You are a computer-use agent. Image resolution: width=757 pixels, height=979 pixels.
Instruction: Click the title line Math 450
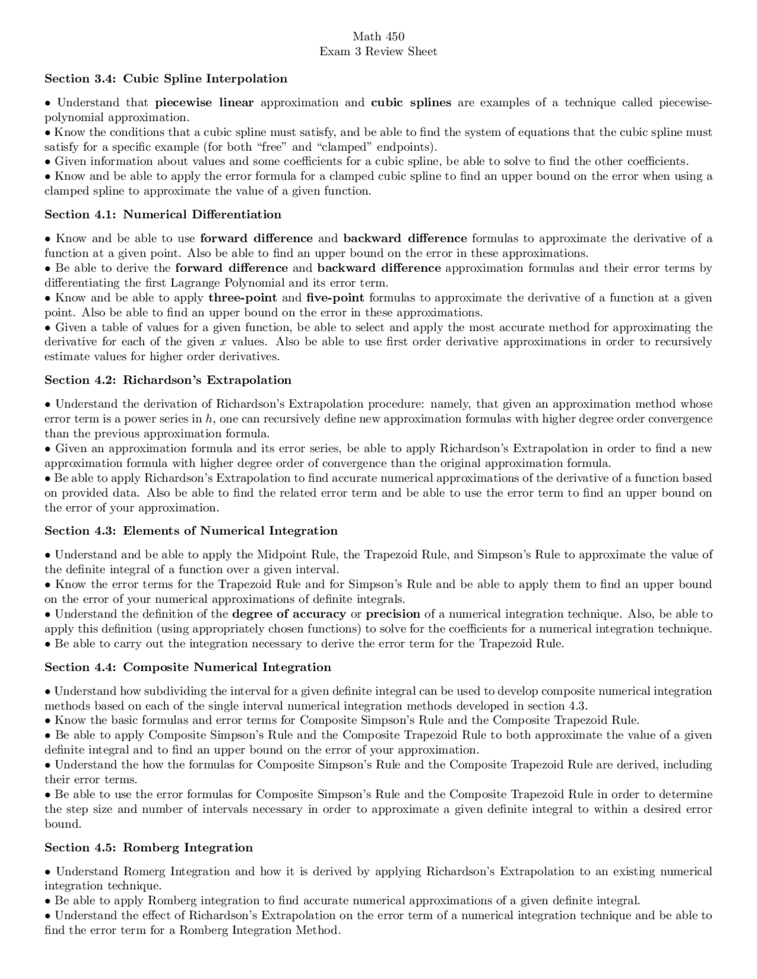[x=378, y=37]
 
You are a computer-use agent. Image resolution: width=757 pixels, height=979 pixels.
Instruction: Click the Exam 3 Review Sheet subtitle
[x=378, y=51]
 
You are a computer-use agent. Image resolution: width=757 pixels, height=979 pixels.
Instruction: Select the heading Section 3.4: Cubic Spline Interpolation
[x=166, y=79]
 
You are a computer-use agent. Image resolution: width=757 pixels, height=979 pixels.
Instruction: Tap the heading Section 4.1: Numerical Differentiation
[x=163, y=214]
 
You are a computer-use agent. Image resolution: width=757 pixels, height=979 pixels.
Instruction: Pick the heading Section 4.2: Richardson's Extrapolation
[x=168, y=380]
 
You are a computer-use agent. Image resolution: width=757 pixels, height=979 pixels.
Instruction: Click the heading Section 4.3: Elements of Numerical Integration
[x=191, y=530]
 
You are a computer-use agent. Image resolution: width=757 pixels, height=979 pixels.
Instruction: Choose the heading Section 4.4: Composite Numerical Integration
[x=187, y=667]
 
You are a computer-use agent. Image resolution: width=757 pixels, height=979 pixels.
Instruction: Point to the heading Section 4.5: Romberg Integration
[x=148, y=847]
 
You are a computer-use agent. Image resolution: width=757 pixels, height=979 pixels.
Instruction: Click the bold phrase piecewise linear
[x=204, y=103]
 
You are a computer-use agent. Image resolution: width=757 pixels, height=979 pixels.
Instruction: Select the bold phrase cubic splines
[x=411, y=103]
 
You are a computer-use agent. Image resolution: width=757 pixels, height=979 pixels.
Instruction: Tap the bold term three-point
[x=242, y=298]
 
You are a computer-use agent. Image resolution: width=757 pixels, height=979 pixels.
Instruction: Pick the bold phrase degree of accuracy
[x=289, y=614]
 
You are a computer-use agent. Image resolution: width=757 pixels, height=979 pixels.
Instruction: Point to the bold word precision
[x=393, y=614]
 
